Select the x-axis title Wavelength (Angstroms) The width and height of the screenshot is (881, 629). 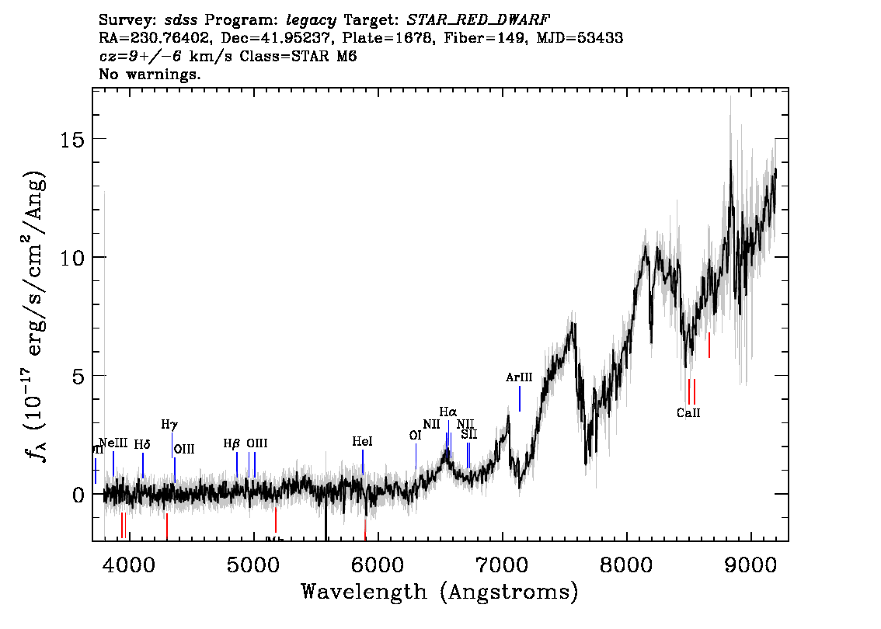440,593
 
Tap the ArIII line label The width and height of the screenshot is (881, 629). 519,378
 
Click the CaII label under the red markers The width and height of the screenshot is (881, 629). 688,413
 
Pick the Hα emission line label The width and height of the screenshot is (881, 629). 448,412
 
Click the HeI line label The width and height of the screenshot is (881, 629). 362,441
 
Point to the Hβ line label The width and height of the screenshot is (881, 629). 232,443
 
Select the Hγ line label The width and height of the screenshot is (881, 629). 169,425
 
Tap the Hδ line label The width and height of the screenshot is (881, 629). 142,444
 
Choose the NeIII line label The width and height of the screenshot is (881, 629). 113,443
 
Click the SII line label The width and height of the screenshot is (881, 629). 469,434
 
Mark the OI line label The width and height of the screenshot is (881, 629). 415,436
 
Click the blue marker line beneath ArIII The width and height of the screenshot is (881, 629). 520,398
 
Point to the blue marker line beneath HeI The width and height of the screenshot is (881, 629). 363,461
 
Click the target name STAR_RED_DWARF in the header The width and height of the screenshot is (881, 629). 472,19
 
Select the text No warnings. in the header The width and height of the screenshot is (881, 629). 151,75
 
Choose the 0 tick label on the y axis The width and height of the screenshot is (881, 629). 76,495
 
